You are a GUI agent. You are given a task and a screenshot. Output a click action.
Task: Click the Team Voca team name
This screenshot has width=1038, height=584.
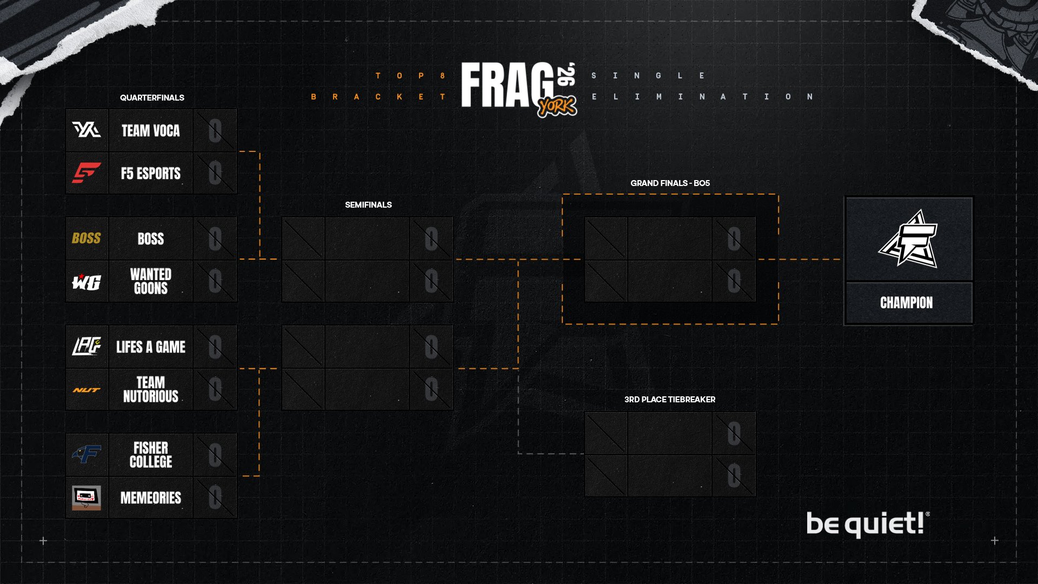click(150, 130)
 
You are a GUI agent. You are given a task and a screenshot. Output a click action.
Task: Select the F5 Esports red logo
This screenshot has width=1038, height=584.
click(86, 173)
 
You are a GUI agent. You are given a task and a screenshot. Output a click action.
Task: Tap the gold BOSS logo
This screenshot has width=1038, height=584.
click(86, 238)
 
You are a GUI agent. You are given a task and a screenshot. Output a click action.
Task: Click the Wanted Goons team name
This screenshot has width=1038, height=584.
click(150, 281)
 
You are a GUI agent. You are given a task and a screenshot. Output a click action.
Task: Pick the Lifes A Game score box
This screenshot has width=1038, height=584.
click(215, 347)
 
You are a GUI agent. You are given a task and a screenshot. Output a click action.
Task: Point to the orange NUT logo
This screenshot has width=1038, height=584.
click(86, 390)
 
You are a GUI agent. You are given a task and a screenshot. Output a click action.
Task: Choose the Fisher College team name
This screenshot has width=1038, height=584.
click(150, 455)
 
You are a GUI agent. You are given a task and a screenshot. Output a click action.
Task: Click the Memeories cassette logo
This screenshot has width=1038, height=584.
click(86, 497)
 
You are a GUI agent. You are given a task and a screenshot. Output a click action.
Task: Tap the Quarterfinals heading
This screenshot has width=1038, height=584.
click(152, 97)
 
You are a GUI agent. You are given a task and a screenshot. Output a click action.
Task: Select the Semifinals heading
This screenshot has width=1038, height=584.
click(368, 204)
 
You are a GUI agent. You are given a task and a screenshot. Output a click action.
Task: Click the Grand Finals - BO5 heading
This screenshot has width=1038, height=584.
click(670, 183)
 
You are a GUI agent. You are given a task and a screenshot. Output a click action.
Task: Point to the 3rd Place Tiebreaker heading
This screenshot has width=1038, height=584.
click(669, 399)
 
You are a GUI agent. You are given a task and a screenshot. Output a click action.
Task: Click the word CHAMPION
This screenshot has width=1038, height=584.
click(906, 303)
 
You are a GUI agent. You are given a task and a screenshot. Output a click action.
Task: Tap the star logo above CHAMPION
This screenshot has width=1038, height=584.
click(908, 239)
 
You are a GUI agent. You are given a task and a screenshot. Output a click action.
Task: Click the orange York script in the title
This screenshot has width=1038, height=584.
click(557, 107)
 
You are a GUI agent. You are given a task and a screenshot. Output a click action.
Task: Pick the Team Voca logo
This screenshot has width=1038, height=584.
click(86, 130)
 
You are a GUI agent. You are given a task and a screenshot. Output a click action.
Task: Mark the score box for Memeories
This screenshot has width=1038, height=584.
click(215, 497)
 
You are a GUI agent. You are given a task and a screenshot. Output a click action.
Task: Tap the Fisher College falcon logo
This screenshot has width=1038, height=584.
click(86, 455)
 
